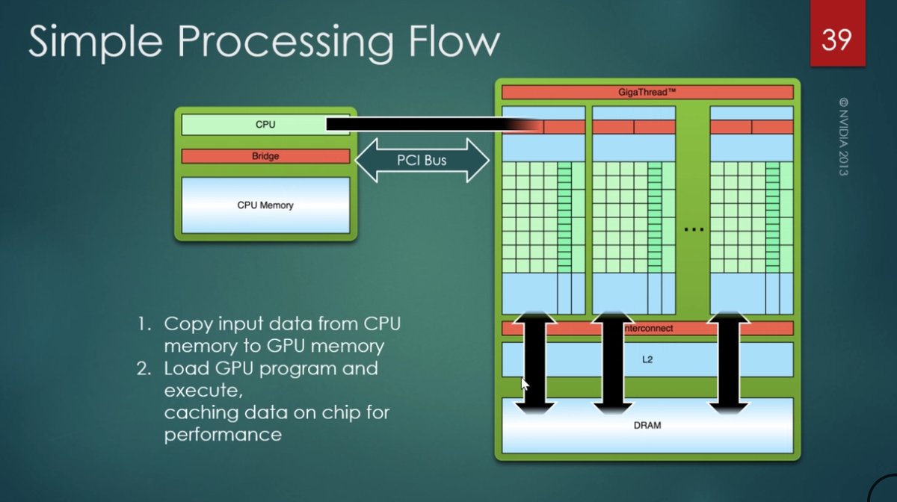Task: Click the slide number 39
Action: click(836, 39)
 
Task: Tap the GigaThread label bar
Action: click(647, 92)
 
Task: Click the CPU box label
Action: click(265, 125)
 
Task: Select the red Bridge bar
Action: click(265, 157)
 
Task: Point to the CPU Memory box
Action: click(265, 205)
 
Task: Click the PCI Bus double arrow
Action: click(422, 160)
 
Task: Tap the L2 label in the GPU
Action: click(647, 359)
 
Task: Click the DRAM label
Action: click(647, 425)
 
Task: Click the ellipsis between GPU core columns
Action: click(694, 230)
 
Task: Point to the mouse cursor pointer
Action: click(525, 383)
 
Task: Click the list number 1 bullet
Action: click(144, 324)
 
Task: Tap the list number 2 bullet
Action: click(144, 368)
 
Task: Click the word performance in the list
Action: click(223, 434)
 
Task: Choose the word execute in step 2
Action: click(203, 391)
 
